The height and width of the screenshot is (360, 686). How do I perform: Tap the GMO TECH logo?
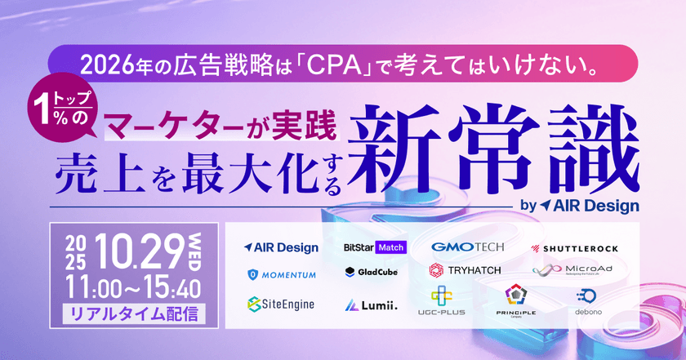coord(469,247)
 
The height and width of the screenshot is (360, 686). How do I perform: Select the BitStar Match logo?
coord(375,247)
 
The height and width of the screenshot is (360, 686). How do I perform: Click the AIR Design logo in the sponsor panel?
coord(279,247)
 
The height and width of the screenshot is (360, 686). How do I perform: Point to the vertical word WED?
coord(198,249)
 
